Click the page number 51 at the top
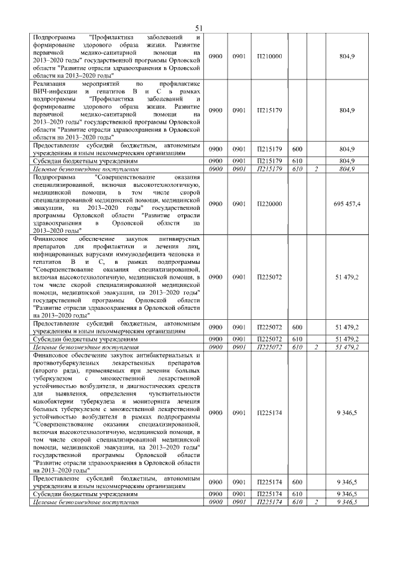[x=200, y=28]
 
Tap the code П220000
[x=269, y=204]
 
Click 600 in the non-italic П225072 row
[x=297, y=327]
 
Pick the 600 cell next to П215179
[x=297, y=150]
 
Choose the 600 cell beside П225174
[x=297, y=481]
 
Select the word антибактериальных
[x=153, y=355]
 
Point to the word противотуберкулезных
[x=69, y=363]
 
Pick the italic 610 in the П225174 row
[x=297, y=502]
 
